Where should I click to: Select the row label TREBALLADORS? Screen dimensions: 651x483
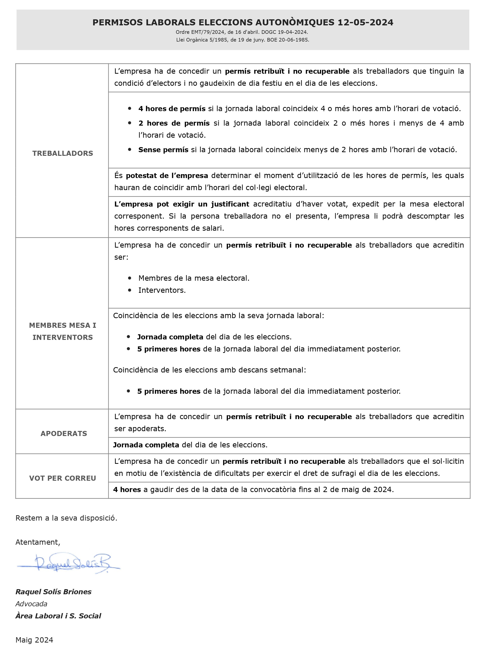62,153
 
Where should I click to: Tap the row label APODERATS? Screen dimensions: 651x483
64,433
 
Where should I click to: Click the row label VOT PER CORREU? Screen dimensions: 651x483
62,478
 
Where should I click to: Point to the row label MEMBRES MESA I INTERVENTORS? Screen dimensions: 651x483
62,331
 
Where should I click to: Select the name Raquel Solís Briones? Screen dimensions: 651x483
54,592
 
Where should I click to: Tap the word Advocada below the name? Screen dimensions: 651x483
31,604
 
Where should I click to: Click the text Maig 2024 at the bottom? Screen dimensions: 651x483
34,640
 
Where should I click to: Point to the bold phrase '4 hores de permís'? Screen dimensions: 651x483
172,109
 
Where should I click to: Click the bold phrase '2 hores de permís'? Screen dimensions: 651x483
174,123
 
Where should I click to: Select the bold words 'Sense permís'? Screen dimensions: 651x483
163,150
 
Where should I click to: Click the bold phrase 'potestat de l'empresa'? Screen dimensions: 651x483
167,175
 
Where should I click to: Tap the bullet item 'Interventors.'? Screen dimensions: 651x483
162,290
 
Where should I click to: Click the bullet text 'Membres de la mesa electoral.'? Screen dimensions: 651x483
194,278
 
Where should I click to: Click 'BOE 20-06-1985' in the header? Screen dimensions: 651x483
288,40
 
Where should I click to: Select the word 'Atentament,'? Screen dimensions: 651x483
38,542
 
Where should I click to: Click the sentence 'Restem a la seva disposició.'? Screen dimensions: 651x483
66,518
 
